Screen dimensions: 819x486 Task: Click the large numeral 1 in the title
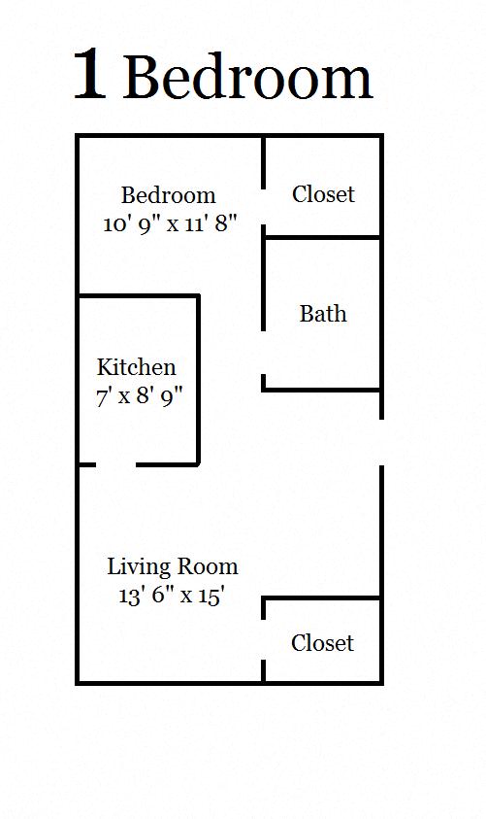(x=89, y=76)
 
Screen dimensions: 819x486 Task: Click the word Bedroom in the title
(x=247, y=78)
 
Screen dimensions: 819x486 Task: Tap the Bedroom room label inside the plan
(x=168, y=195)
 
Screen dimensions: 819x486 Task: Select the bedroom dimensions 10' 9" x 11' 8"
(x=170, y=222)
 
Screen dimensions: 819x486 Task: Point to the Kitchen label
(x=137, y=367)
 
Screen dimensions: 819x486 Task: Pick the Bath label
(x=322, y=314)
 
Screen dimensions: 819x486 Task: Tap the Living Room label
(x=172, y=566)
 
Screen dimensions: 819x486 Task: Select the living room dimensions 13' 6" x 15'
(x=172, y=595)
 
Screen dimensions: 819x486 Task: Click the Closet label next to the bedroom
(x=323, y=194)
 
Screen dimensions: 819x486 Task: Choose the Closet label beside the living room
(x=322, y=643)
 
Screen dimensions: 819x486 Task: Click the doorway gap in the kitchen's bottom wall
(x=115, y=464)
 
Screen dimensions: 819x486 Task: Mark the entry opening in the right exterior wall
(x=381, y=442)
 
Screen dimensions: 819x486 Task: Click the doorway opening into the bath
(x=264, y=353)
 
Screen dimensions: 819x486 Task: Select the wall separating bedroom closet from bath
(x=322, y=237)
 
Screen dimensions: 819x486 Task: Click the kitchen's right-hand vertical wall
(x=198, y=379)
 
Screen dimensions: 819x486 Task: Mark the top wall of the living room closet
(x=322, y=598)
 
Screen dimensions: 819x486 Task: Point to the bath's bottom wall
(x=322, y=390)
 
